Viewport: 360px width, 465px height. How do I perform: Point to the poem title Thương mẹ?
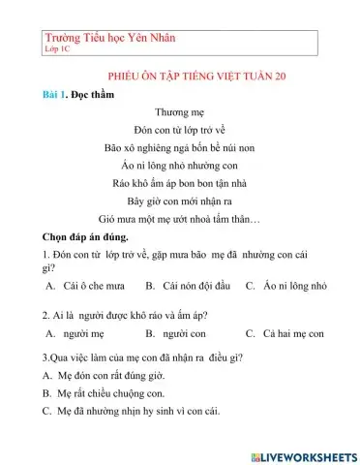(x=179, y=113)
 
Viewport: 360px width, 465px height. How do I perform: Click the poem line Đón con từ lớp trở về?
(x=179, y=131)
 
